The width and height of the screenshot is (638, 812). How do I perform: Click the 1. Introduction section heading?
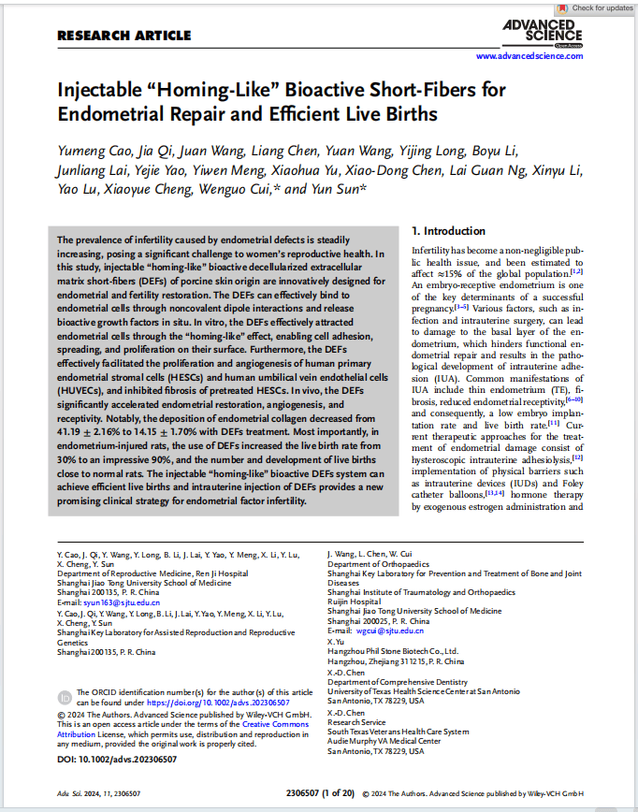click(448, 231)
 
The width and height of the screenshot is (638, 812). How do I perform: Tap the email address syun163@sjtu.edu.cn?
click(108, 602)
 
